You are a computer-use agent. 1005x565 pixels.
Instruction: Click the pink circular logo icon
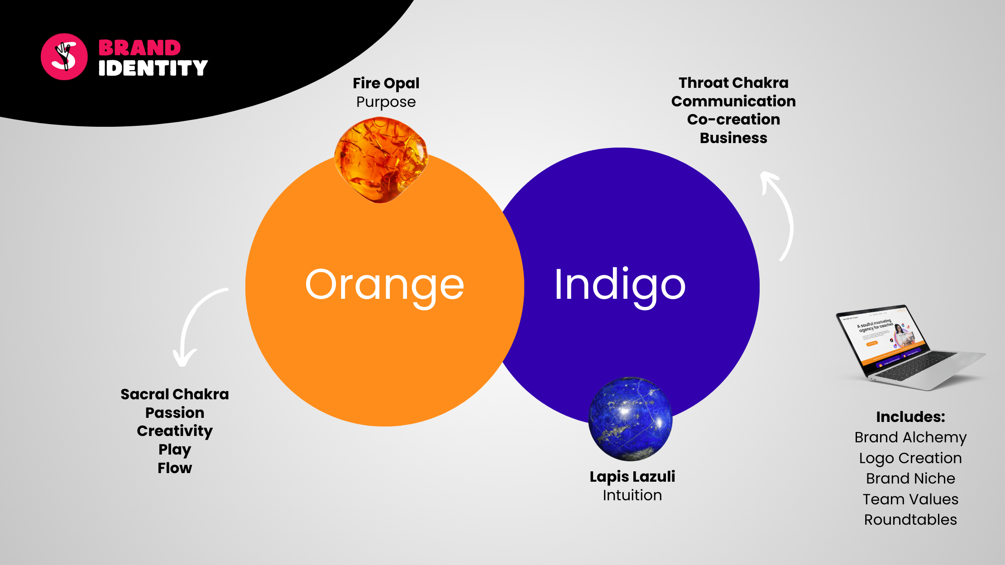point(64,57)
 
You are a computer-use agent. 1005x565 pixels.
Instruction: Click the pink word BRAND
point(139,48)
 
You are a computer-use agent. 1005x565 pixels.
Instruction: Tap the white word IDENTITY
point(153,68)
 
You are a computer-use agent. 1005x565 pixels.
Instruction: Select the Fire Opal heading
point(386,83)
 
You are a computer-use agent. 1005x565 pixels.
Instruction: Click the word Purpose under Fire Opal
point(386,102)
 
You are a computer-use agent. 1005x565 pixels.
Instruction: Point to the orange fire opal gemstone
point(381,159)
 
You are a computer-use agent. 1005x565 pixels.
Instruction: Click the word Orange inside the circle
point(385,285)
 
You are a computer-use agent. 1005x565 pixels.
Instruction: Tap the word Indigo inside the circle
point(620,285)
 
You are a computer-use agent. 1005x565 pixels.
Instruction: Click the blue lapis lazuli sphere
point(630,419)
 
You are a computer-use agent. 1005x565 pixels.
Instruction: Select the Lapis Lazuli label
point(632,477)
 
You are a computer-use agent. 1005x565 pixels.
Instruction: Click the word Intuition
point(632,495)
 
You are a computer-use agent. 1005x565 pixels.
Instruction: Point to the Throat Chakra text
point(733,83)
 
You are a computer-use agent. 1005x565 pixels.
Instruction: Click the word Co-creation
point(733,120)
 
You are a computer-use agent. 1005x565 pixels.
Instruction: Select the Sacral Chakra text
point(175,394)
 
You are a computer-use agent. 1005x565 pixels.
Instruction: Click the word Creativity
point(175,431)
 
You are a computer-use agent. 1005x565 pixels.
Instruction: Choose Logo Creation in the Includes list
point(910,458)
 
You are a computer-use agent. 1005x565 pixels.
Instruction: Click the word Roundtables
point(910,520)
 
